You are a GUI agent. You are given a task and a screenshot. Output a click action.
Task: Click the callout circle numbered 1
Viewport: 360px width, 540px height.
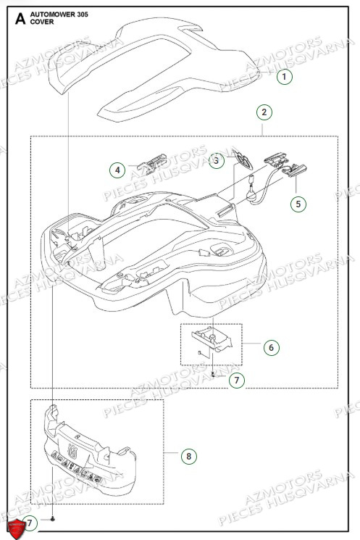coord(284,76)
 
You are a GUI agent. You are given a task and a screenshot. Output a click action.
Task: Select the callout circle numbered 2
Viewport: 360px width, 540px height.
coord(264,112)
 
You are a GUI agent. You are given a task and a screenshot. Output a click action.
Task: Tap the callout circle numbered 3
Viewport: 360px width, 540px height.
coord(216,162)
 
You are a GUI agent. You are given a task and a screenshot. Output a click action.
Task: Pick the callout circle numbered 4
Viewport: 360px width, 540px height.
coord(117,170)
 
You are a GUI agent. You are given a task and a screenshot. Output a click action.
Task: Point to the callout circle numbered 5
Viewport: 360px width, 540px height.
coord(298,204)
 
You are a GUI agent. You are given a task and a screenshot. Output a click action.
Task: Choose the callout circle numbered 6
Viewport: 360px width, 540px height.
coord(270,347)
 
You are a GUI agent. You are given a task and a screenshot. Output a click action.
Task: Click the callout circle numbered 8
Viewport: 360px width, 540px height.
coord(188,456)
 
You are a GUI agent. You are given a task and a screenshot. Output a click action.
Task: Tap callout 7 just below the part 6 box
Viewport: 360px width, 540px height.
coord(235,379)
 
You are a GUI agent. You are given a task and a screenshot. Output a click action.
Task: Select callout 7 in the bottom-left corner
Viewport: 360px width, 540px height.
coord(30,522)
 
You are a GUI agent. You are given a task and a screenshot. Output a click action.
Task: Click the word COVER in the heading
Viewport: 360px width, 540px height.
coord(41,22)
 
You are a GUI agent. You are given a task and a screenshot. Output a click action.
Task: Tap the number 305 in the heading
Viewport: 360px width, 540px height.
coord(83,14)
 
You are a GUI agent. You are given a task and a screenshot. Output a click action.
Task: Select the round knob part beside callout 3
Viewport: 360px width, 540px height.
coord(242,159)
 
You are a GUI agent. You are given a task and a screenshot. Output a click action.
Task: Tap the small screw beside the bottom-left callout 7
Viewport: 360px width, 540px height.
coord(54,520)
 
